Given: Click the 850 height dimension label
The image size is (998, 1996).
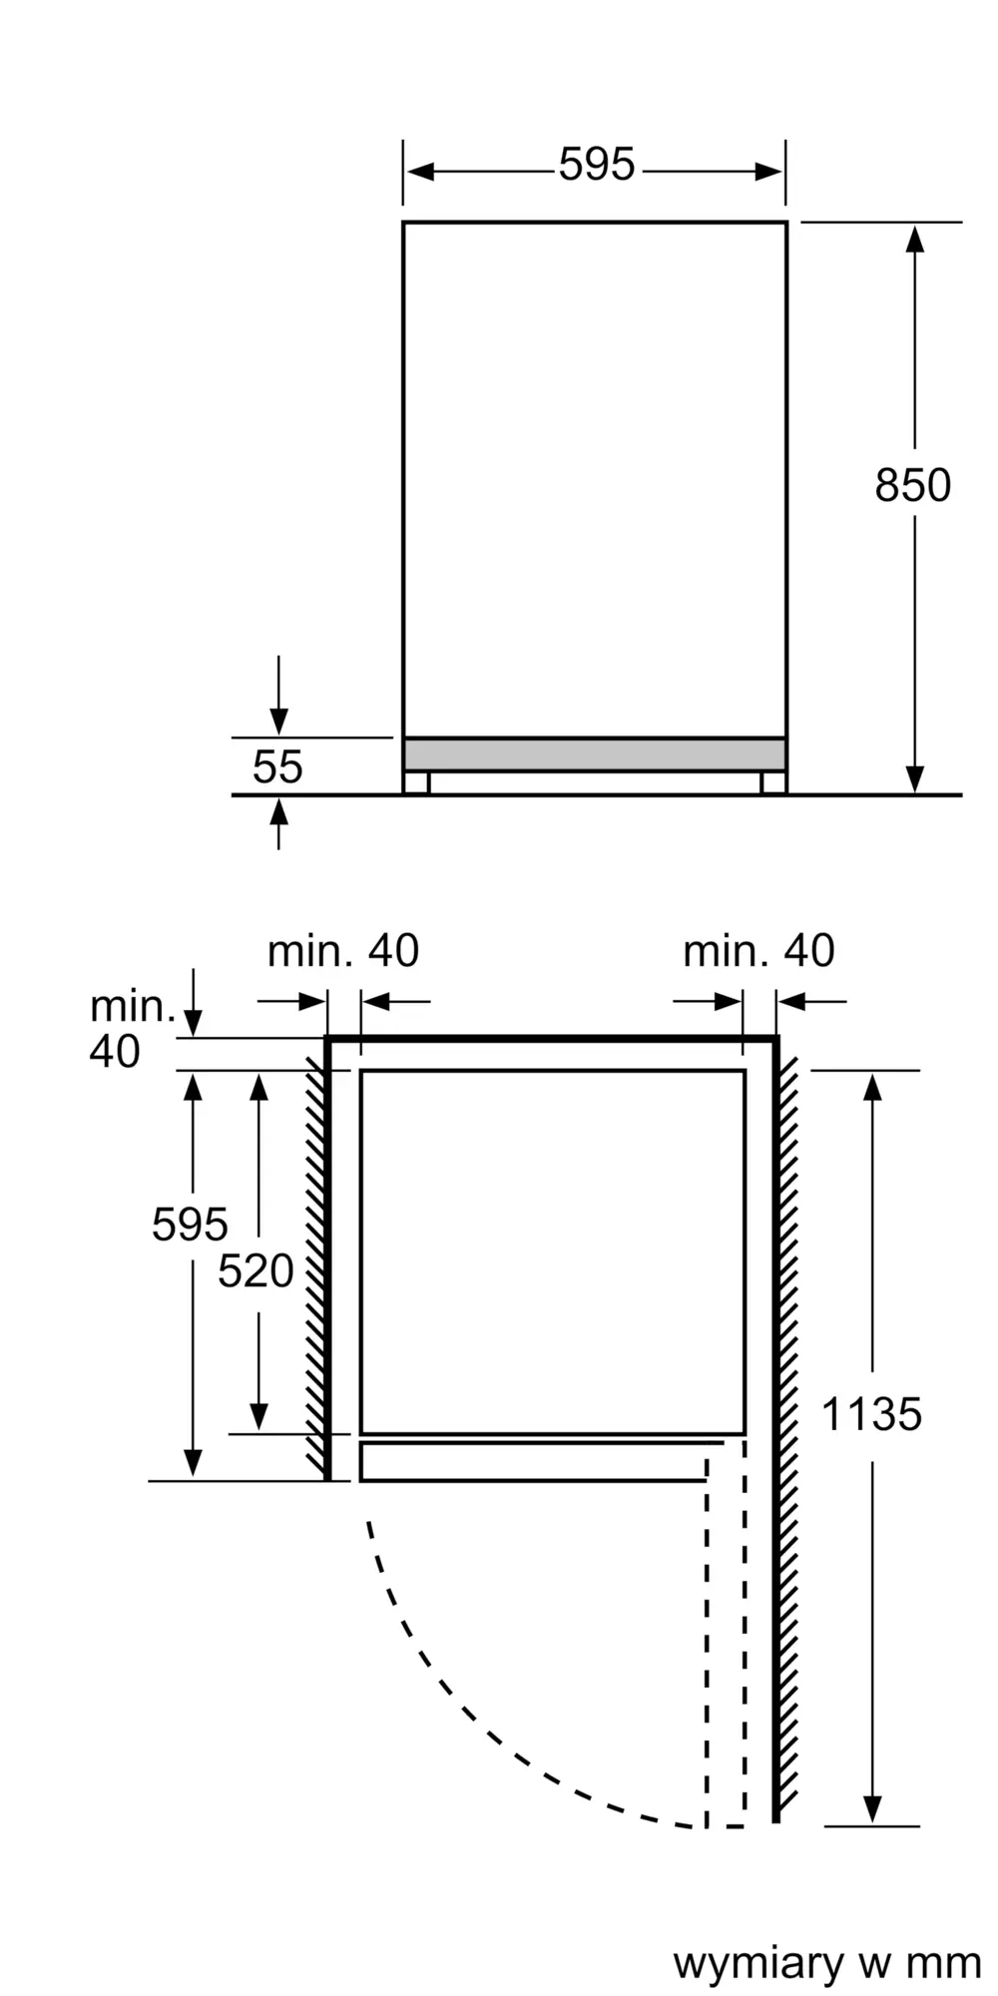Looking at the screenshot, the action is pyautogui.click(x=912, y=485).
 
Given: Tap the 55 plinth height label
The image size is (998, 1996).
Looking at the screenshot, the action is pyautogui.click(x=276, y=766).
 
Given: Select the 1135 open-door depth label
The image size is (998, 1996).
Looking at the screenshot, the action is pyautogui.click(x=871, y=1414).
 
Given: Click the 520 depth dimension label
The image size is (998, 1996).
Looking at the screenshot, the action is pyautogui.click(x=255, y=1270).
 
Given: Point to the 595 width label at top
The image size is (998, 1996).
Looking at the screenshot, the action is pyautogui.click(x=596, y=165).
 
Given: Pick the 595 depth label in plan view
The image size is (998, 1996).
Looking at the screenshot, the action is pyautogui.click(x=190, y=1224).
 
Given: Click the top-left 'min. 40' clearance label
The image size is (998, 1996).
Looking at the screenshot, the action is pyautogui.click(x=342, y=951).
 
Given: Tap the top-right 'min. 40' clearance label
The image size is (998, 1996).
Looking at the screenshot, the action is pyautogui.click(x=758, y=951).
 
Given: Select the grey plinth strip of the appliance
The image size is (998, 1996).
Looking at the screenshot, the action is pyautogui.click(x=595, y=754).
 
